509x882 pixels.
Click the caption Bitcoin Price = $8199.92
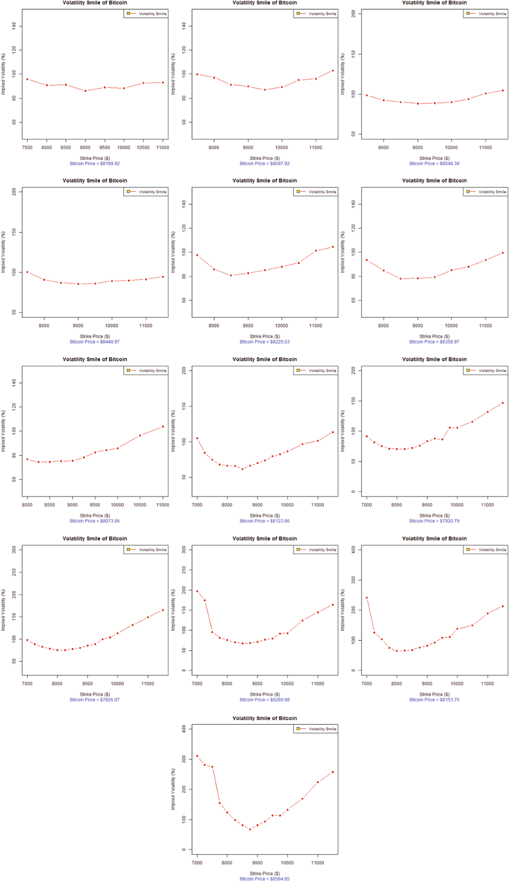(x=95, y=163)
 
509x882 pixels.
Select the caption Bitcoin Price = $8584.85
(x=264, y=879)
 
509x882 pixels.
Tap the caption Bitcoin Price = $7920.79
(x=434, y=521)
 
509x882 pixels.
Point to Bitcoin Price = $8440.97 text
(x=95, y=341)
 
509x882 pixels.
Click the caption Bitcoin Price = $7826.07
(x=95, y=700)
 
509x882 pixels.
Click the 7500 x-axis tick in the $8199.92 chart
(x=27, y=148)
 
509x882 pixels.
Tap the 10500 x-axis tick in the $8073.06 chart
(x=140, y=505)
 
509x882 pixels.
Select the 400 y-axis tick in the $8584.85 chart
(x=184, y=729)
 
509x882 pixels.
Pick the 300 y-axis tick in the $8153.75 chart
(x=353, y=580)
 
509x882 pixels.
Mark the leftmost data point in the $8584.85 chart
(x=197, y=756)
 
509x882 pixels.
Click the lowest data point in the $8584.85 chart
(x=250, y=829)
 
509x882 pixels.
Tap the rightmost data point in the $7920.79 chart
(x=503, y=403)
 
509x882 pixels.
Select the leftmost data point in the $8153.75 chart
(x=366, y=597)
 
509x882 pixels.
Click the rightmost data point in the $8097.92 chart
(x=333, y=71)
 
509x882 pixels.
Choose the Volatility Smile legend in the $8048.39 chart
(x=486, y=14)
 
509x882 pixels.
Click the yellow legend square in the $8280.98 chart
(x=298, y=550)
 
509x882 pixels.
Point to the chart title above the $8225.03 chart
(x=264, y=181)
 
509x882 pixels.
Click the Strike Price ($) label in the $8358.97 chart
(x=434, y=336)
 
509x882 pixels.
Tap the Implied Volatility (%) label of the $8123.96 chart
(x=173, y=431)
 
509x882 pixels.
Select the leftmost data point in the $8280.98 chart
(x=197, y=591)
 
